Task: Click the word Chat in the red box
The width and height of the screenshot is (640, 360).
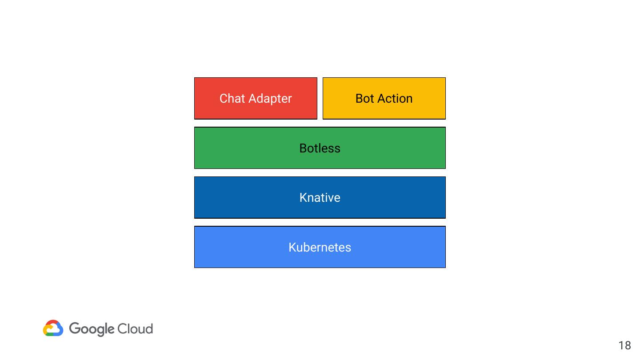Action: click(x=231, y=99)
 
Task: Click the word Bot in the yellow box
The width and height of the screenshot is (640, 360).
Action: click(x=364, y=99)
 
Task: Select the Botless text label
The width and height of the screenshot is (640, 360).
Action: click(x=320, y=148)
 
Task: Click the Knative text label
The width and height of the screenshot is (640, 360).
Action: click(x=320, y=198)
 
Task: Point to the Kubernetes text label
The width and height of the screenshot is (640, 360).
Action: click(x=320, y=248)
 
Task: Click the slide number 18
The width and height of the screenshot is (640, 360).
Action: click(x=624, y=345)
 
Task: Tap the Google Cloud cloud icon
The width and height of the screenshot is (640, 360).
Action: click(x=53, y=328)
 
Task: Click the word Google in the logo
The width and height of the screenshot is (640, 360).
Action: click(x=92, y=329)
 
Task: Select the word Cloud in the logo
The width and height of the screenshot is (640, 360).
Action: click(x=136, y=329)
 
